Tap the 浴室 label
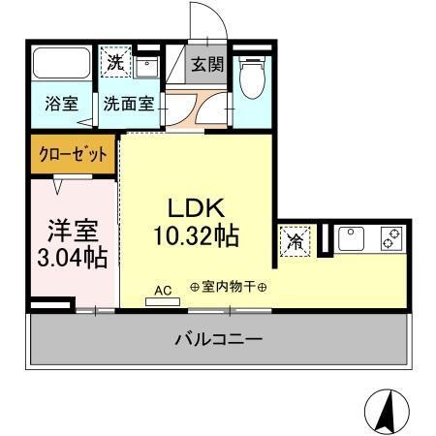tap(62, 104)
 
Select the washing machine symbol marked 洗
tap(115, 62)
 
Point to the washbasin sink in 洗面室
tap(147, 68)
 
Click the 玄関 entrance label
tap(204, 65)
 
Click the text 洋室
tap(72, 233)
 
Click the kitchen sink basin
tap(351, 236)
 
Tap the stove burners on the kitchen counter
tap(391, 236)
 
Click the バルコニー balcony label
tap(218, 340)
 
